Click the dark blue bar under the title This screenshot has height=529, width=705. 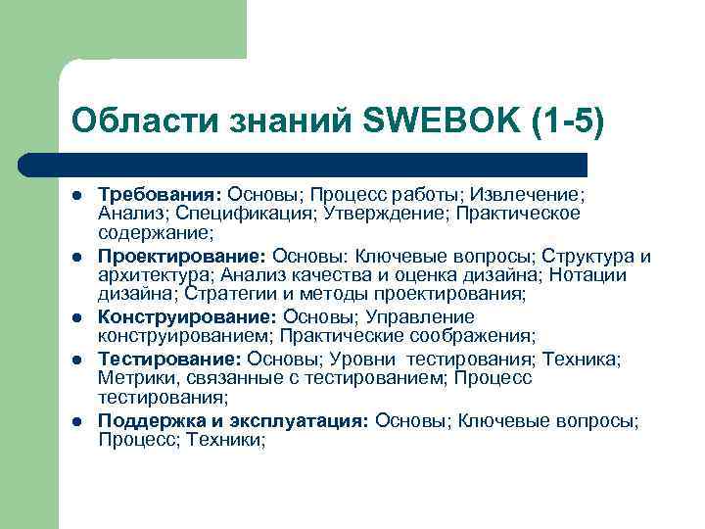(323, 165)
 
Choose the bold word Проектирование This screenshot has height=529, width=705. (182, 256)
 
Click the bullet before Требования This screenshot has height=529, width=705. (78, 196)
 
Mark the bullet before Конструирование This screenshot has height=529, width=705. (78, 317)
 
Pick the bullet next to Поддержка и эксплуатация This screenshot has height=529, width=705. (78, 421)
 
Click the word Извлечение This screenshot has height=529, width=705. (533, 195)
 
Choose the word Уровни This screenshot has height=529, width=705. (366, 359)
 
